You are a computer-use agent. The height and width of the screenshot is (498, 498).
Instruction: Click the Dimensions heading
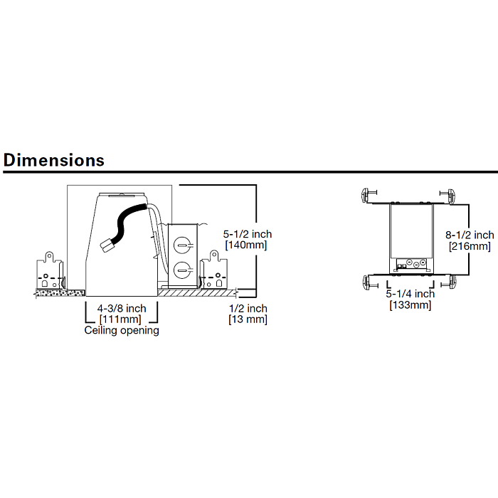coord(53,160)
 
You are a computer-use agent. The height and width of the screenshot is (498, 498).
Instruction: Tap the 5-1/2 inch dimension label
coord(248,234)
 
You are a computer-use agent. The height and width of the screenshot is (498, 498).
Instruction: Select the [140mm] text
coord(246,245)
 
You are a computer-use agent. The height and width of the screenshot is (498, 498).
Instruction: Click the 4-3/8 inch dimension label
coord(122,308)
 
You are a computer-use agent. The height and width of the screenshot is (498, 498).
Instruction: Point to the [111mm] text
coord(120,319)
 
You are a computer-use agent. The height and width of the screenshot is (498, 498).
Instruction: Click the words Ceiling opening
coord(122,331)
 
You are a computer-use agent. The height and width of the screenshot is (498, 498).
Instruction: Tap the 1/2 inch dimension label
coord(248,308)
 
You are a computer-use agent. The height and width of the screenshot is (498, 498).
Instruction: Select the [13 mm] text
coord(248,319)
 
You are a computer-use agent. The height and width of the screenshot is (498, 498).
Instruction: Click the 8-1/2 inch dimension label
coord(470,235)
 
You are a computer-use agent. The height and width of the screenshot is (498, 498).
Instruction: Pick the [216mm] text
coord(470,246)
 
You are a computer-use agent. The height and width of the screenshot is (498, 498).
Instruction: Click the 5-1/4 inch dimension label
coord(410,294)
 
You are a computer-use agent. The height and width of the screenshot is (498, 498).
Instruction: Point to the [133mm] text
coord(410,305)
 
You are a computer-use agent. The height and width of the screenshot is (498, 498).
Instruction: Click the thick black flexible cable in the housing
coord(124,219)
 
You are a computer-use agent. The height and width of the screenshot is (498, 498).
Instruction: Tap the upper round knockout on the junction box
coord(182,245)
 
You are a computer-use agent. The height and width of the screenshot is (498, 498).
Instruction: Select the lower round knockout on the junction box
coord(182,270)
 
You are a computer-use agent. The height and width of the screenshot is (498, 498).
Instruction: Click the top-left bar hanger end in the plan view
coord(369,194)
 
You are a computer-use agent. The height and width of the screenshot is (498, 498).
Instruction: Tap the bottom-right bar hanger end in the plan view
coord(448,282)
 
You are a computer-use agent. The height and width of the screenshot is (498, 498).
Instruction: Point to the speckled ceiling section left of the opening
coord(60,293)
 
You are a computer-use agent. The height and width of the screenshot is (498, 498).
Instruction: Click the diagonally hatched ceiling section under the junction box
coord(197,293)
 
